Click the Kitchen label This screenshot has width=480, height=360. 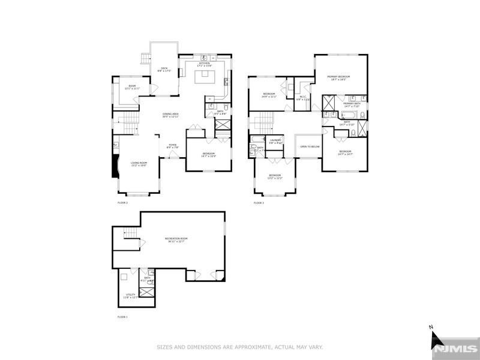click(x=205, y=64)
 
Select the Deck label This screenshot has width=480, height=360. click(x=164, y=70)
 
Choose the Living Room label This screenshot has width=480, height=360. click(x=139, y=164)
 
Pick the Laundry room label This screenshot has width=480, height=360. click(x=275, y=141)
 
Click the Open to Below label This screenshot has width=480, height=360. click(x=310, y=146)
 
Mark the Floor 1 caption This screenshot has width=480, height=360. click(x=122, y=316)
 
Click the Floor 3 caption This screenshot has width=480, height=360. click(x=259, y=203)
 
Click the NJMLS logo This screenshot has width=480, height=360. click(x=455, y=347)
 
